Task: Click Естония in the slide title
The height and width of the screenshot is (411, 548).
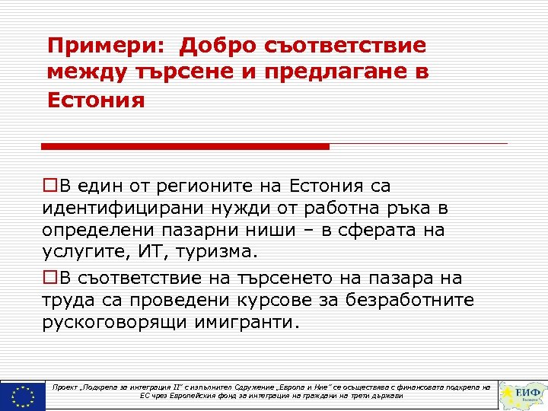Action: [96, 100]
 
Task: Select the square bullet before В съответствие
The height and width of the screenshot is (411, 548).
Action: [49, 279]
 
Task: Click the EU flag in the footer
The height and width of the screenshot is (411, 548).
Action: [23, 395]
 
